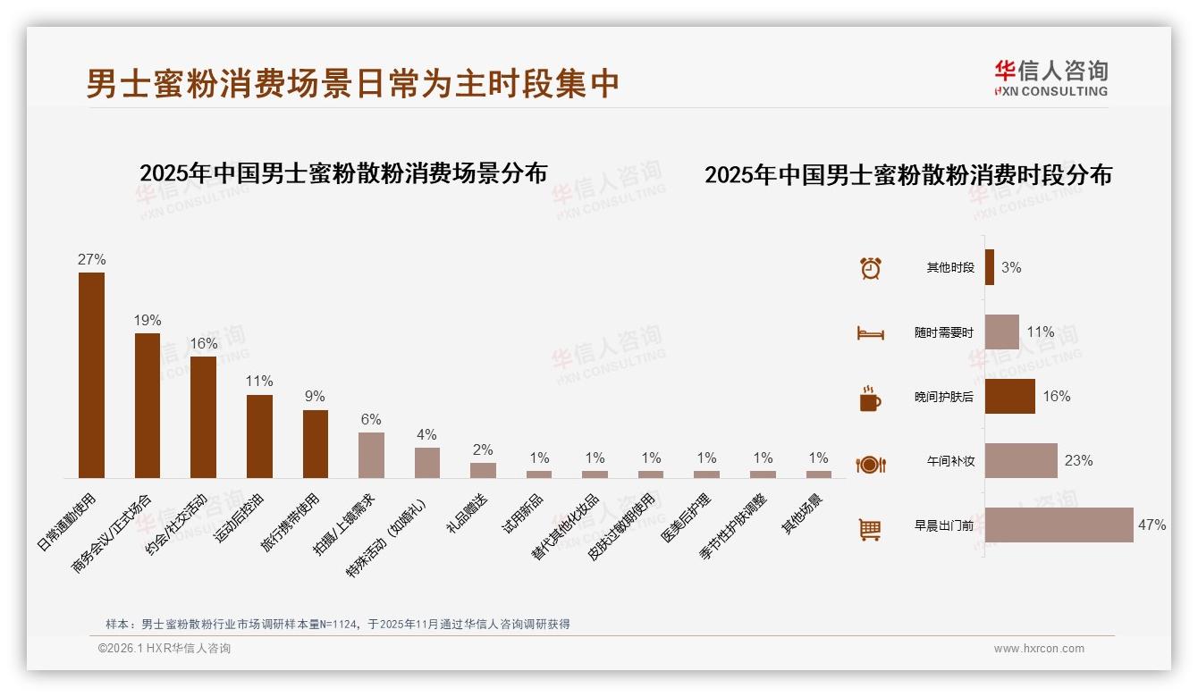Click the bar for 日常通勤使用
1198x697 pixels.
[x=91, y=375]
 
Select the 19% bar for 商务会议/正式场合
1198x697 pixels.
[x=148, y=406]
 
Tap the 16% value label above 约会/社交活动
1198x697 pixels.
[x=204, y=344]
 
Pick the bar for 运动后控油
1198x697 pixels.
[x=259, y=436]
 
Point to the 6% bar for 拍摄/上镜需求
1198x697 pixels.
[x=371, y=455]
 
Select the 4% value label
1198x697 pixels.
[x=426, y=435]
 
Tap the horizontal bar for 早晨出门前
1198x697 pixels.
[x=1059, y=525]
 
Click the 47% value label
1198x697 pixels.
[x=1152, y=525]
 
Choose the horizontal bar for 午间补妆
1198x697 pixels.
[x=1021, y=460]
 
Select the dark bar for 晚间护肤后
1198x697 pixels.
[x=1009, y=396]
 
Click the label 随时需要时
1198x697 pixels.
[x=943, y=332]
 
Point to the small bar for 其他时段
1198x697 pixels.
[x=990, y=267]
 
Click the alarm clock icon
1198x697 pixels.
[x=870, y=268]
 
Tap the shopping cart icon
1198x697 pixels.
[x=870, y=529]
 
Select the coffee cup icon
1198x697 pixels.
[x=870, y=399]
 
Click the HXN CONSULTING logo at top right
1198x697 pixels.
[x=1050, y=79]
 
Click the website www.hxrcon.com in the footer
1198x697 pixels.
[x=1039, y=649]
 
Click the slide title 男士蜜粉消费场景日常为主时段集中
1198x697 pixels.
[x=353, y=84]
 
